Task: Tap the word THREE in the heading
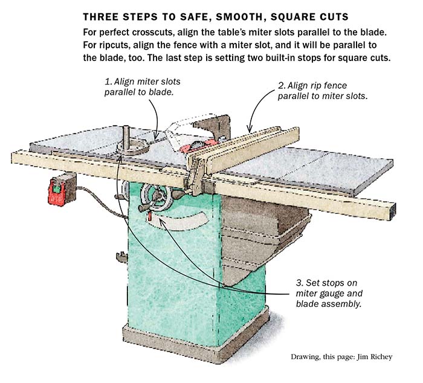tap(101, 15)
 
